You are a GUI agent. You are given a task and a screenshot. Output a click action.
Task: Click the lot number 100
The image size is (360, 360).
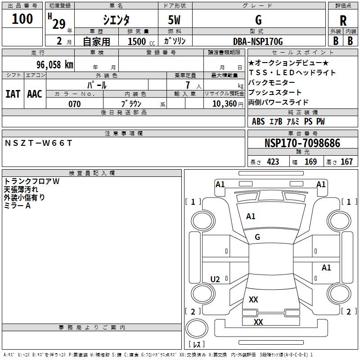click(x=22, y=19)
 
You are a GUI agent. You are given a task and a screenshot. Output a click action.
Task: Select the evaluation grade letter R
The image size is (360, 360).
click(x=343, y=20)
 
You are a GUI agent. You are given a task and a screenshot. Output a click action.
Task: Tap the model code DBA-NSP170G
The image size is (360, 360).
click(x=258, y=41)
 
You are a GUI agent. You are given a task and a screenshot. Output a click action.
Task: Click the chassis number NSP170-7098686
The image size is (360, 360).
click(x=302, y=143)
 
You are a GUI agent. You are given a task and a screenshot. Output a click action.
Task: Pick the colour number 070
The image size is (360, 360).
click(x=74, y=104)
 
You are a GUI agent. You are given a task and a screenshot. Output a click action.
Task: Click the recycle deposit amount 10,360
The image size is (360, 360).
click(x=223, y=104)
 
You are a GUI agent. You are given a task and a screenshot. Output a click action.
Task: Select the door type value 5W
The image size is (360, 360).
click(x=175, y=20)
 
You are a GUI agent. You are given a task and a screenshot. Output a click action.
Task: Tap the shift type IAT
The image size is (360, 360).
click(x=13, y=94)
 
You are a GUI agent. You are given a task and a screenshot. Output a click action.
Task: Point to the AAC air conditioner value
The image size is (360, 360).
click(x=35, y=94)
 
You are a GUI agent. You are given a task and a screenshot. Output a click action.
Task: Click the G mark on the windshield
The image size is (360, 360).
click(x=257, y=237)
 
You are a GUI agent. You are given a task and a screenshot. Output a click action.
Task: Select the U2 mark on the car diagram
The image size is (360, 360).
click(x=215, y=279)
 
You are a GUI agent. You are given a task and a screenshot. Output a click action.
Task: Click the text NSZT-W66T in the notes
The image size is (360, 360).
click(x=38, y=143)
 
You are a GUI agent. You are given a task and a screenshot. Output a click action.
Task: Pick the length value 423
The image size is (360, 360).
click(x=273, y=162)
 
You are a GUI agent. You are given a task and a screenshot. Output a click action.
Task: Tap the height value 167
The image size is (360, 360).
click(x=346, y=162)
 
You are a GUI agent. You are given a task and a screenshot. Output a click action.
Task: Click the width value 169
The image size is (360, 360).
click(x=310, y=162)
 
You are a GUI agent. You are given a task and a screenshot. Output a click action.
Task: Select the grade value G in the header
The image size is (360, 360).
click(x=258, y=20)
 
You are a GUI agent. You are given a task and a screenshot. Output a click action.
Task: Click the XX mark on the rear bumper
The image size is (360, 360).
click(x=258, y=322)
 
